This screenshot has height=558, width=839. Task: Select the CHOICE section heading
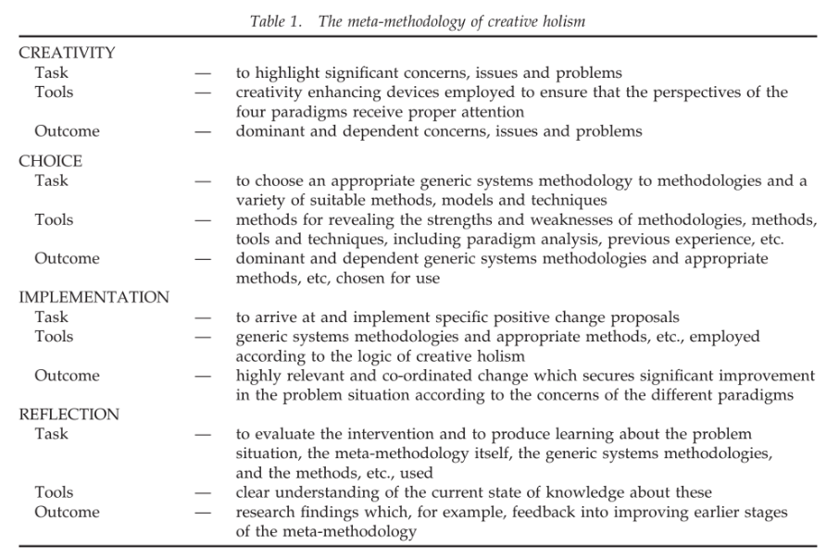(50, 161)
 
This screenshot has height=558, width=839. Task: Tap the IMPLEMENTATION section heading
(94, 298)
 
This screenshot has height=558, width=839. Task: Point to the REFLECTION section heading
(69, 415)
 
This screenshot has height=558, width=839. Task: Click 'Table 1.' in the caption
(276, 21)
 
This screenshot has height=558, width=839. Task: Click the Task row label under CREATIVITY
(51, 73)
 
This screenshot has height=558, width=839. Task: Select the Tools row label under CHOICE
(54, 220)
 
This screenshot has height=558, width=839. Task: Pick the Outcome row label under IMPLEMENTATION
(67, 376)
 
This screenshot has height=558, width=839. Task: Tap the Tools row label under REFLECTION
(54, 492)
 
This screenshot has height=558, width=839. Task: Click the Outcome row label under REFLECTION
(67, 512)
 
